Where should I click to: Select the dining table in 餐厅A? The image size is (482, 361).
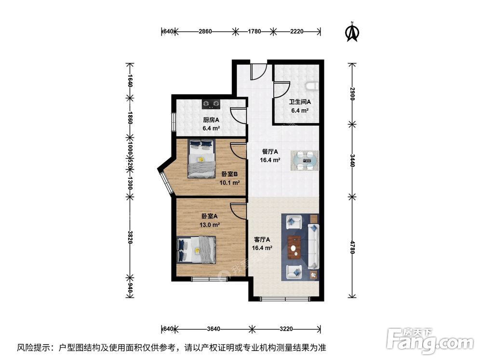[304, 160]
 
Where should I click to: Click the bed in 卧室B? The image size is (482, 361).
[201, 158]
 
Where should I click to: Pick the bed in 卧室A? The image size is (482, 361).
[197, 249]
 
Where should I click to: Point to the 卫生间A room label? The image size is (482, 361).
[299, 102]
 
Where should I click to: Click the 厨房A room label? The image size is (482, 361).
[211, 120]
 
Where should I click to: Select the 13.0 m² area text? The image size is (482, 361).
[211, 225]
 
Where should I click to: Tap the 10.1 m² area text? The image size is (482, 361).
[229, 182]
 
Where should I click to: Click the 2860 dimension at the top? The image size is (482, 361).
[205, 32]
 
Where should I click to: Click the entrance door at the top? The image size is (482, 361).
[258, 73]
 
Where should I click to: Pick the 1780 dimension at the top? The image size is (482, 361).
[254, 32]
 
